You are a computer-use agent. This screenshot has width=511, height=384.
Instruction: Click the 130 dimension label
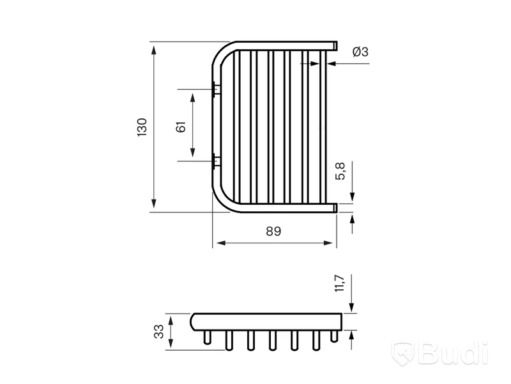(142, 127)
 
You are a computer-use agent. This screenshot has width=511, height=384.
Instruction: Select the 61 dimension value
(181, 127)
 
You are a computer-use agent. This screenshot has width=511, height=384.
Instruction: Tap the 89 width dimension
(273, 231)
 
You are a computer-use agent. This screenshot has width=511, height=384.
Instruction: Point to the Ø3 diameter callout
(360, 52)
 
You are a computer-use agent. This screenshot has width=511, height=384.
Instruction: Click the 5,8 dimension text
(340, 171)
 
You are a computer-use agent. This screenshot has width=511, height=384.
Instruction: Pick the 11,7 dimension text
(339, 283)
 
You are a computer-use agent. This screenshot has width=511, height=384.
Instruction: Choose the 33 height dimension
(158, 332)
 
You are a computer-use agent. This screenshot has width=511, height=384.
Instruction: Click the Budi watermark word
(454, 353)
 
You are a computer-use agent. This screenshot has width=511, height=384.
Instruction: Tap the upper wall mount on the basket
(216, 89)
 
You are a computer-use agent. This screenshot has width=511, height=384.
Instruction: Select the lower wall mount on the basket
(216, 161)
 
